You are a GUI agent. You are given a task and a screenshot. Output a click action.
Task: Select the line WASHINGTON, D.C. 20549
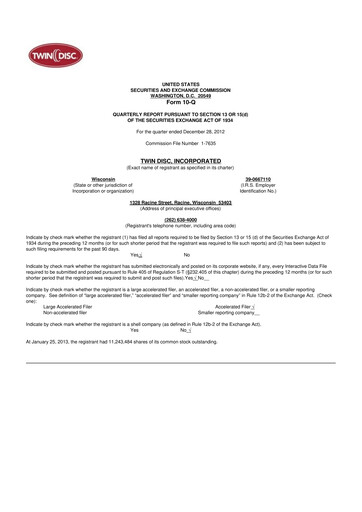pos(181,98)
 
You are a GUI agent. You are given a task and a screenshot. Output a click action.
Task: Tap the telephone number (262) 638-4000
pos(181,217)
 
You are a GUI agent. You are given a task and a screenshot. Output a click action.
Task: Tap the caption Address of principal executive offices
pos(181,207)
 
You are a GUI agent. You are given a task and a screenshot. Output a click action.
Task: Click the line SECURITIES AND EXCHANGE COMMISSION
pos(181,92)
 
